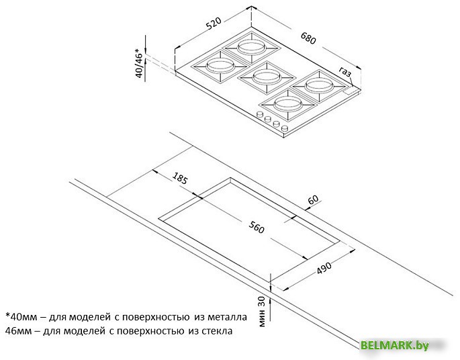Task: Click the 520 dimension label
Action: (214, 24)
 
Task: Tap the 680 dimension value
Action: (308, 38)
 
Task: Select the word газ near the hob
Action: (345, 72)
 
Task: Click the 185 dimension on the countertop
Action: (179, 178)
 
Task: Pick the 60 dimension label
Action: (313, 199)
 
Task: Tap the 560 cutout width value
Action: (257, 227)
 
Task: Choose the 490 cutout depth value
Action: (324, 268)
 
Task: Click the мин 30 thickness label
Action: (262, 311)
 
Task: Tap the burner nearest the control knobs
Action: (288, 104)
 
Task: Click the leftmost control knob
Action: (259, 115)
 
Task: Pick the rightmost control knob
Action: (285, 128)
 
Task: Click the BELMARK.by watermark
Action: (395, 345)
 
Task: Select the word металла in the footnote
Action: (228, 317)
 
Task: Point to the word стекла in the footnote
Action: (217, 331)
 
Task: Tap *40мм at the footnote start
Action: (20, 317)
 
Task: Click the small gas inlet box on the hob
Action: (351, 91)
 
